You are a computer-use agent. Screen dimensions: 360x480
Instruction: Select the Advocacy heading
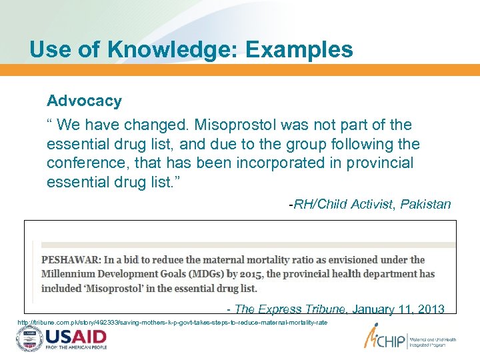point(84,101)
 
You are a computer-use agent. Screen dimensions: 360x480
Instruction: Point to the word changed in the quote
point(158,125)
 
